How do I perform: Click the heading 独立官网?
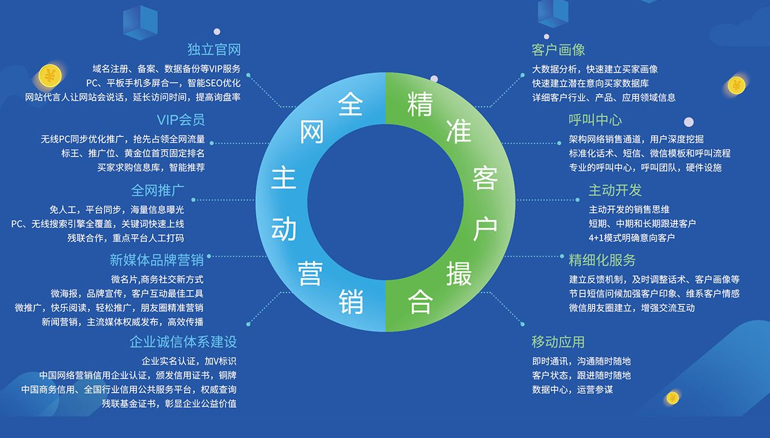(213, 49)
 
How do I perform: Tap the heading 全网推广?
(157, 190)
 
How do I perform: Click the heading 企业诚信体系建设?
(183, 342)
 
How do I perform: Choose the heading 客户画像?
(558, 50)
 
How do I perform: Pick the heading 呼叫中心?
(595, 120)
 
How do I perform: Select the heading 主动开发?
(615, 190)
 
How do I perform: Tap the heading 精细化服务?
(602, 260)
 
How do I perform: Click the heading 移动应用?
(558, 342)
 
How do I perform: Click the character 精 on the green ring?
(420, 104)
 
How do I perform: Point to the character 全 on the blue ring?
(351, 104)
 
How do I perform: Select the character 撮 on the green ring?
(459, 273)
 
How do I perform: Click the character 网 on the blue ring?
(312, 131)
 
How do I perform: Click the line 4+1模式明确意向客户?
(632, 238)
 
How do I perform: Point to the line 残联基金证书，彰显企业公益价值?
(169, 404)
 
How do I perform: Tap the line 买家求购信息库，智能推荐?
(151, 167)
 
